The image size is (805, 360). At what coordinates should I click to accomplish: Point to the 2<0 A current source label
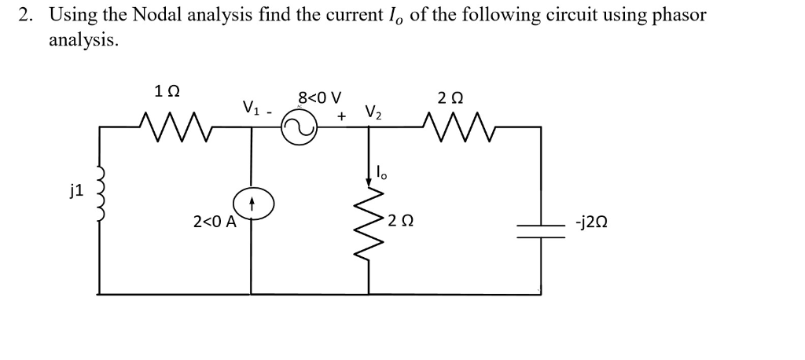214,222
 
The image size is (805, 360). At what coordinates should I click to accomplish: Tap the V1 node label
250,108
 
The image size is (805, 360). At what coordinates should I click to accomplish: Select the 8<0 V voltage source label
320,99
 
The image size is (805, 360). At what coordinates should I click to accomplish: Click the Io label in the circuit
383,171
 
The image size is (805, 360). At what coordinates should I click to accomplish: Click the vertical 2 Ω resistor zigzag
368,224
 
